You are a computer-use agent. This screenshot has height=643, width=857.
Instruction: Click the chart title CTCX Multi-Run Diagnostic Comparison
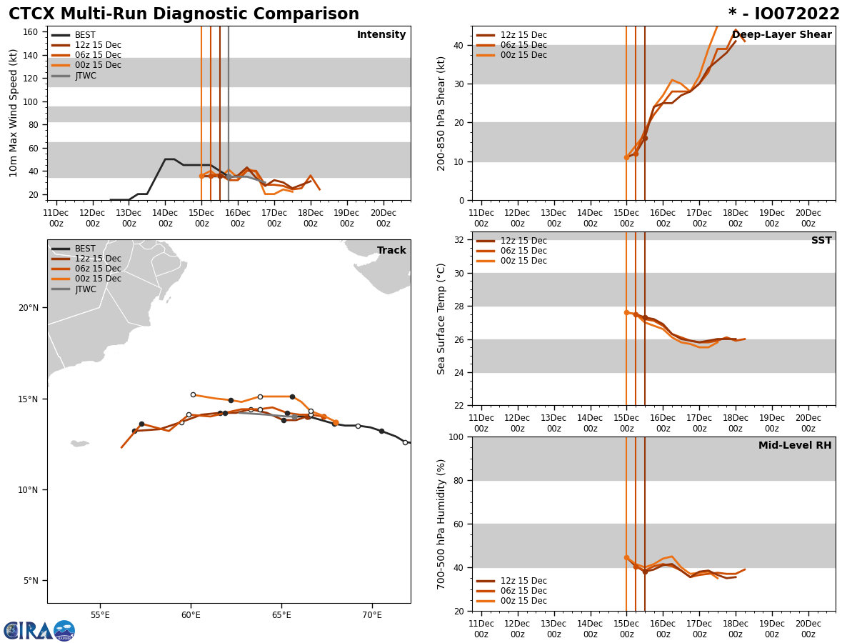click(x=184, y=14)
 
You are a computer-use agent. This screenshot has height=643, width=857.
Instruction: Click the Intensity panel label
click(x=381, y=35)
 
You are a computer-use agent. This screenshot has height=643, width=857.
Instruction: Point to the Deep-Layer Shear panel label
click(x=781, y=35)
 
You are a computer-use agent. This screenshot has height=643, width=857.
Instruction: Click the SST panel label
click(x=821, y=241)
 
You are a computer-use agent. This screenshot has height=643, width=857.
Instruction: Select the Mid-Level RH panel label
click(x=795, y=446)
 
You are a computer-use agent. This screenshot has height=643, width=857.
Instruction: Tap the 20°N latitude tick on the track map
click(x=29, y=308)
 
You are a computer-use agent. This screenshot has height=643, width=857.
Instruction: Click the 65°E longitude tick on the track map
click(x=281, y=615)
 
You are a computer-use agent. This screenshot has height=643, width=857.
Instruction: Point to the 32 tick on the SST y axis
click(x=461, y=240)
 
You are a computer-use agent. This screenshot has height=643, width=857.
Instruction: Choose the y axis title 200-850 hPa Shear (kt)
click(x=442, y=113)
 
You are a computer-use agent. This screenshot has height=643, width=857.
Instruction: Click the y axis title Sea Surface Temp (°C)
click(x=442, y=319)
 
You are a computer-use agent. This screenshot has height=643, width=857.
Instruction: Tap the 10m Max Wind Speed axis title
click(x=14, y=113)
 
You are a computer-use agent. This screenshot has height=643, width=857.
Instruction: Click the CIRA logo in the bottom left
click(x=39, y=631)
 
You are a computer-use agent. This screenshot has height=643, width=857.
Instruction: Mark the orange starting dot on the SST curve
click(x=626, y=312)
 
